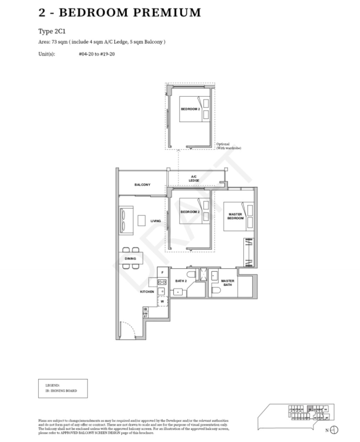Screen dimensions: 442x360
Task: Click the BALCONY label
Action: click(x=142, y=185)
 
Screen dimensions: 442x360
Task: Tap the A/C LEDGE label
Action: click(x=194, y=178)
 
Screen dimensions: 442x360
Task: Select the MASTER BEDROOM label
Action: click(x=236, y=216)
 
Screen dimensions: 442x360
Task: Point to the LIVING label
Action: click(x=156, y=221)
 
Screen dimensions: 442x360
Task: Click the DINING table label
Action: click(x=130, y=259)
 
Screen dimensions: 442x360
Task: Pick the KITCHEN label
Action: click(x=147, y=292)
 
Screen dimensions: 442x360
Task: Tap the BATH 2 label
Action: click(x=180, y=282)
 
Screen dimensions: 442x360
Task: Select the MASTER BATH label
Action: click(x=227, y=283)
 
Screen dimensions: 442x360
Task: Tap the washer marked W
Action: click(x=161, y=301)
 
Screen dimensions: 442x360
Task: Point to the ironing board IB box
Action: click(x=145, y=309)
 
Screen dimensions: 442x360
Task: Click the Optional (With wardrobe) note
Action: click(x=229, y=146)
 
